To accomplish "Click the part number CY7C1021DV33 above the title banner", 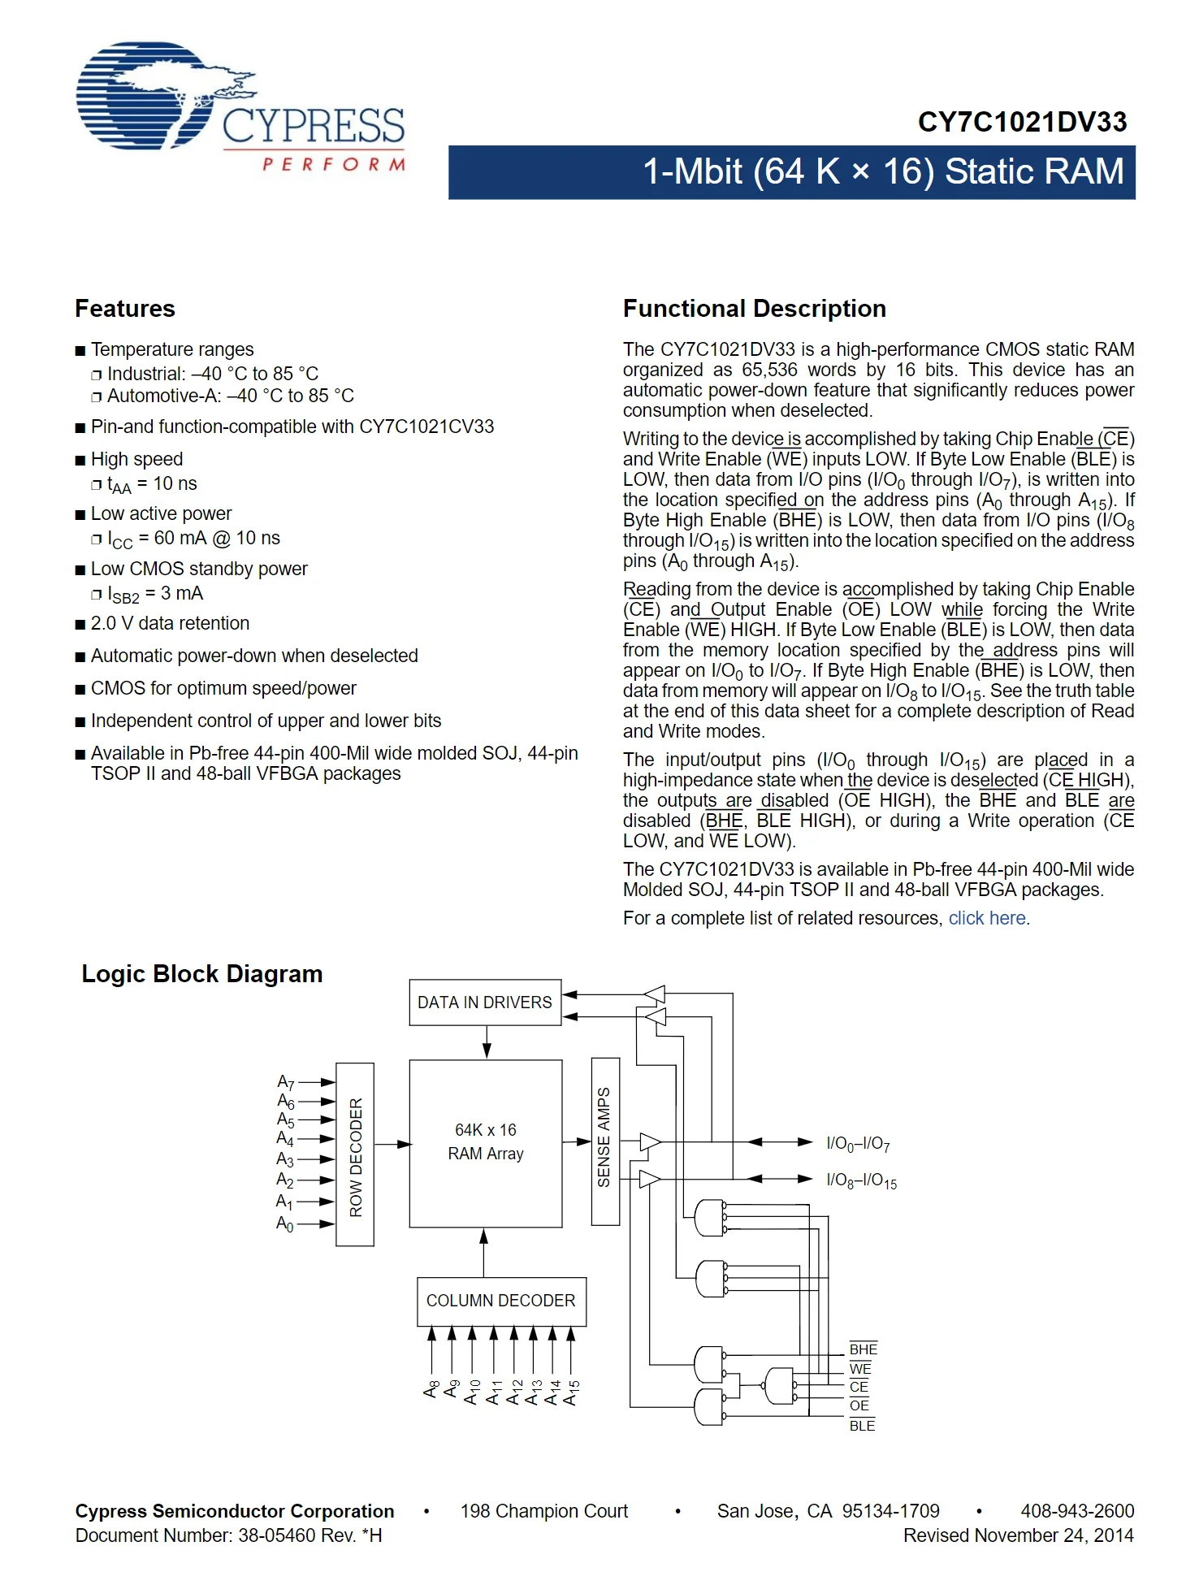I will click(1022, 123).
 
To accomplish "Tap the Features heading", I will click(125, 309).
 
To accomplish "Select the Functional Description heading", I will click(754, 309).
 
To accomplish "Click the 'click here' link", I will click(987, 918).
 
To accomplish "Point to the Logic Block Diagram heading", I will click(202, 974).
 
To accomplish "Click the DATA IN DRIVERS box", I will click(485, 1003).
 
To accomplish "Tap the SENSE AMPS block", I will click(605, 1141).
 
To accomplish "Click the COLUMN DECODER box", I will click(500, 1301).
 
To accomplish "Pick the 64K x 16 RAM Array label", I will click(486, 1141).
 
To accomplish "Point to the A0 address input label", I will click(285, 1223).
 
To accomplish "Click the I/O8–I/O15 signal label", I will click(861, 1180).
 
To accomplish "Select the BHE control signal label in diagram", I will click(863, 1349).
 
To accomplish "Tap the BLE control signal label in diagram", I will click(862, 1426).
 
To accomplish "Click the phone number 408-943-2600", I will click(1077, 1511).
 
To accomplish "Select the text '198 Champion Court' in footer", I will click(544, 1511).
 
